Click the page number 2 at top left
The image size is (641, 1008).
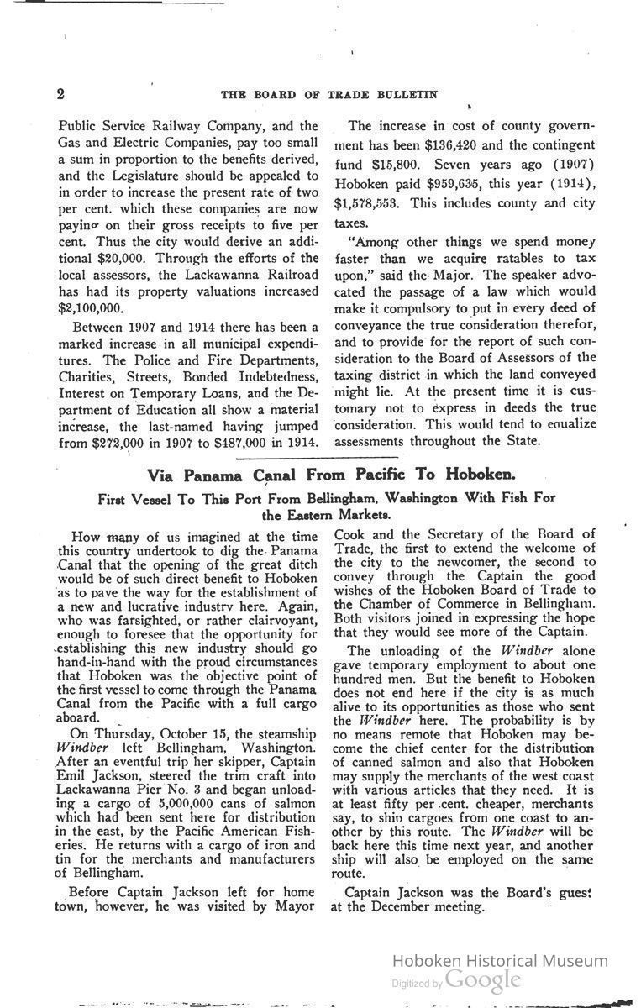[61, 93]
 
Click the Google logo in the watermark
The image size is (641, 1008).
[483, 980]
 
